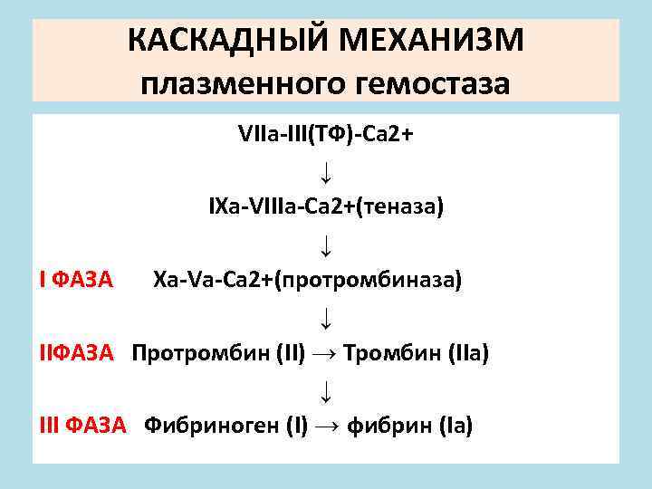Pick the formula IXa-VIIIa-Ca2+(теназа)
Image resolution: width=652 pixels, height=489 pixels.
pyautogui.click(x=326, y=207)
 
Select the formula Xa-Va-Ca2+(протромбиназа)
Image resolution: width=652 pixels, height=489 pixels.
pyautogui.click(x=307, y=280)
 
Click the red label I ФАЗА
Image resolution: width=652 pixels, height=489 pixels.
pyautogui.click(x=76, y=280)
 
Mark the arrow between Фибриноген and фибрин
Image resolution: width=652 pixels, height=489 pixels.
pyautogui.click(x=329, y=426)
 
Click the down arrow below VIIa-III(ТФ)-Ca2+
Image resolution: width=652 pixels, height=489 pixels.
pyautogui.click(x=325, y=171)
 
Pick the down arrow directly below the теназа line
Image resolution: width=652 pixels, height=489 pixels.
pyautogui.click(x=325, y=244)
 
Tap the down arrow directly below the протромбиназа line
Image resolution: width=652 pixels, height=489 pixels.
pyautogui.click(x=325, y=317)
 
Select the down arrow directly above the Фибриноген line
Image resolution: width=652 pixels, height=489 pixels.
pyautogui.click(x=325, y=390)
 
